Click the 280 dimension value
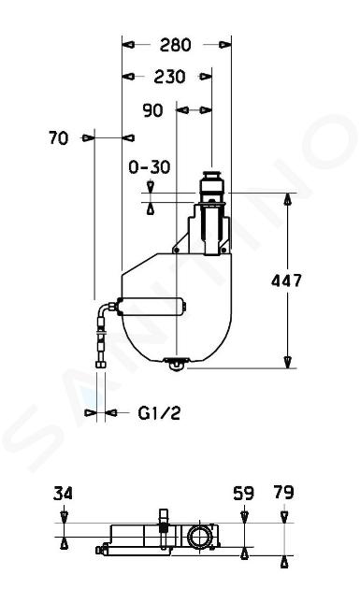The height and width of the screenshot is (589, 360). point(175,45)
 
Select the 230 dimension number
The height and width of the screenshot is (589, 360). point(169,77)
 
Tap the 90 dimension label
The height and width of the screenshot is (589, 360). point(153,110)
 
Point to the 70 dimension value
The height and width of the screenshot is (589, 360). point(59,138)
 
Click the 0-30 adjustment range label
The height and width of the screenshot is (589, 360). point(150,167)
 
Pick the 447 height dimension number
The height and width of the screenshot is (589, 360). point(286,280)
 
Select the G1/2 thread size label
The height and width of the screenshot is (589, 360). point(159,413)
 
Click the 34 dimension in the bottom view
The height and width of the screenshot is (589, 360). point(63,494)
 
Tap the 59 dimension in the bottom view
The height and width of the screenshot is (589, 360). point(243,494)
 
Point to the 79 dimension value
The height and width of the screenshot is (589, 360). point(283,493)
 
